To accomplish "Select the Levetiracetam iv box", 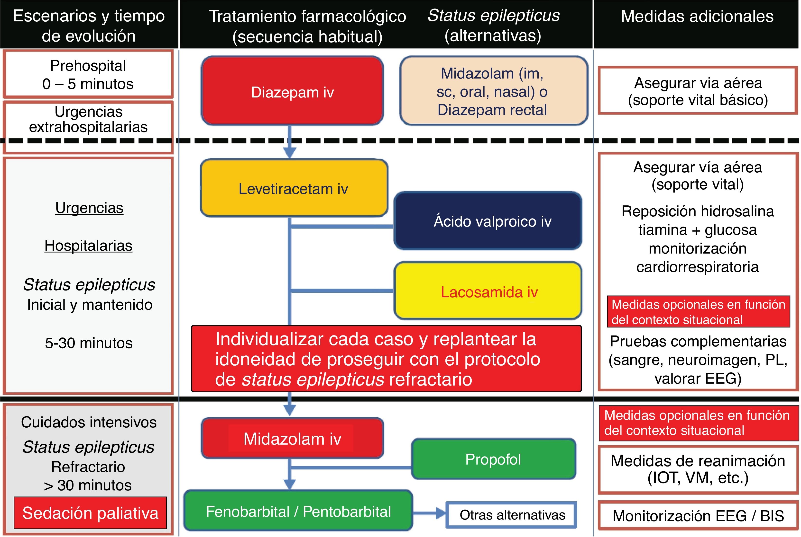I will (x=294, y=188).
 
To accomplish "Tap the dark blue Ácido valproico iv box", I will (x=488, y=221).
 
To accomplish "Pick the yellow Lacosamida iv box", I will (x=488, y=291).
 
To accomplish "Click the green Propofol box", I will (x=493, y=459).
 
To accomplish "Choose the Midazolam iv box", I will (x=292, y=438).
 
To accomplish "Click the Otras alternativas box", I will (x=512, y=515).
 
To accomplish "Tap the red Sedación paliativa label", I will (x=90, y=513).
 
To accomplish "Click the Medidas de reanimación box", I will (x=698, y=469).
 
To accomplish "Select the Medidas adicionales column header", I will (x=697, y=17).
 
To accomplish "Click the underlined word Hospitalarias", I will (x=88, y=246).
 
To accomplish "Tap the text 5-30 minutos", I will (x=88, y=343).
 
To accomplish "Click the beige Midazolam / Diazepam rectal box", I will (x=493, y=91).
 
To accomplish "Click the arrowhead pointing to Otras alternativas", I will (x=440, y=513).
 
